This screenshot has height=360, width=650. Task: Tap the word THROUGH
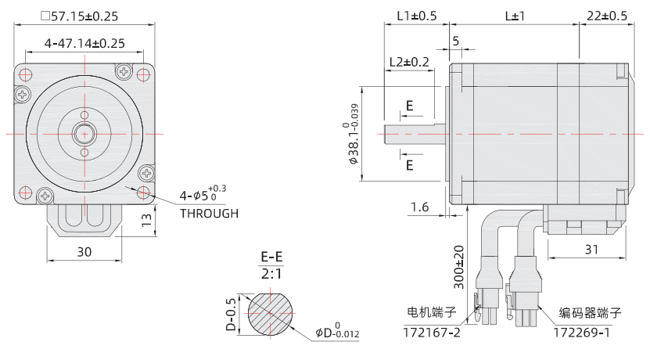[209, 213]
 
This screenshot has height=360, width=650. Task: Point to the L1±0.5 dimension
[416, 16]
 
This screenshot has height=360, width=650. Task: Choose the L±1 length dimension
[515, 16]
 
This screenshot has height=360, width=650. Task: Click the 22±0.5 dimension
[606, 16]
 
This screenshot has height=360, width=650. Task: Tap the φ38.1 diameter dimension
[353, 133]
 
